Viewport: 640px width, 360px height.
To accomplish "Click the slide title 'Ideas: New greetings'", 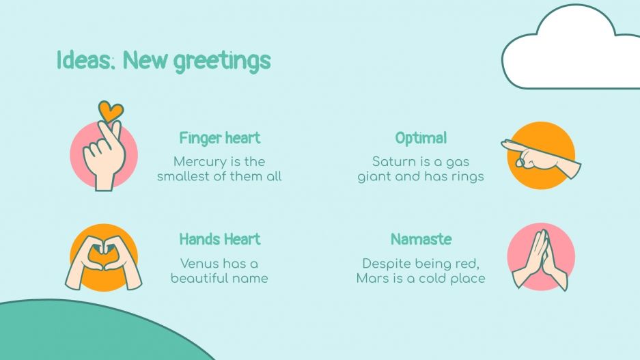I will coord(163,61).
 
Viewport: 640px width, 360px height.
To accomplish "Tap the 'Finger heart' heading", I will coord(219,138).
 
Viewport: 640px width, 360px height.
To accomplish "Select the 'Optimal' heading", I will coord(421,138).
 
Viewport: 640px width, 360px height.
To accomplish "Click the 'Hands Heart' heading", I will coord(219,239).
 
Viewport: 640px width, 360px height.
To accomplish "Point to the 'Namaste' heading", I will coord(421,239).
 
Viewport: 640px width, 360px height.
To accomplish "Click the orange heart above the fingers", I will coord(110,110).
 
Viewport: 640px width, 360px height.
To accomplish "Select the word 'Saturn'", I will coord(395,162).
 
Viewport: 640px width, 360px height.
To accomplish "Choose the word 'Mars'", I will coord(372,279).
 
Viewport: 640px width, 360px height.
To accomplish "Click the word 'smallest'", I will coord(185,177).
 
